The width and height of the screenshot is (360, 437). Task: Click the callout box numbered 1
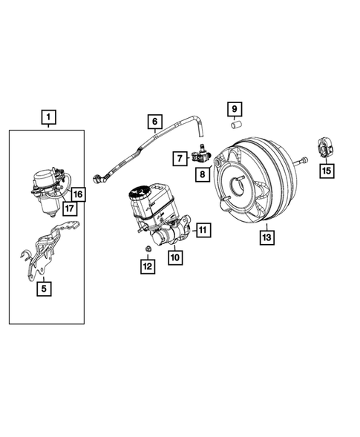(48, 117)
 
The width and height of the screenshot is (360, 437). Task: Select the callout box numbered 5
(46, 290)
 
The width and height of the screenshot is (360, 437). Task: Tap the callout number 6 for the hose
(155, 122)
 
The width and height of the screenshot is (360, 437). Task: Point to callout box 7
(180, 157)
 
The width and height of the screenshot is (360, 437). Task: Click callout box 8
(201, 174)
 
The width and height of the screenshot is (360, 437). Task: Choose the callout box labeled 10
(175, 257)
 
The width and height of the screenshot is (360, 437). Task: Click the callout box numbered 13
(265, 237)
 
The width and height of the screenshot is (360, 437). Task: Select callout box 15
(327, 171)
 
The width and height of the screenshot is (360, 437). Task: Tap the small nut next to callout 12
(148, 248)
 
